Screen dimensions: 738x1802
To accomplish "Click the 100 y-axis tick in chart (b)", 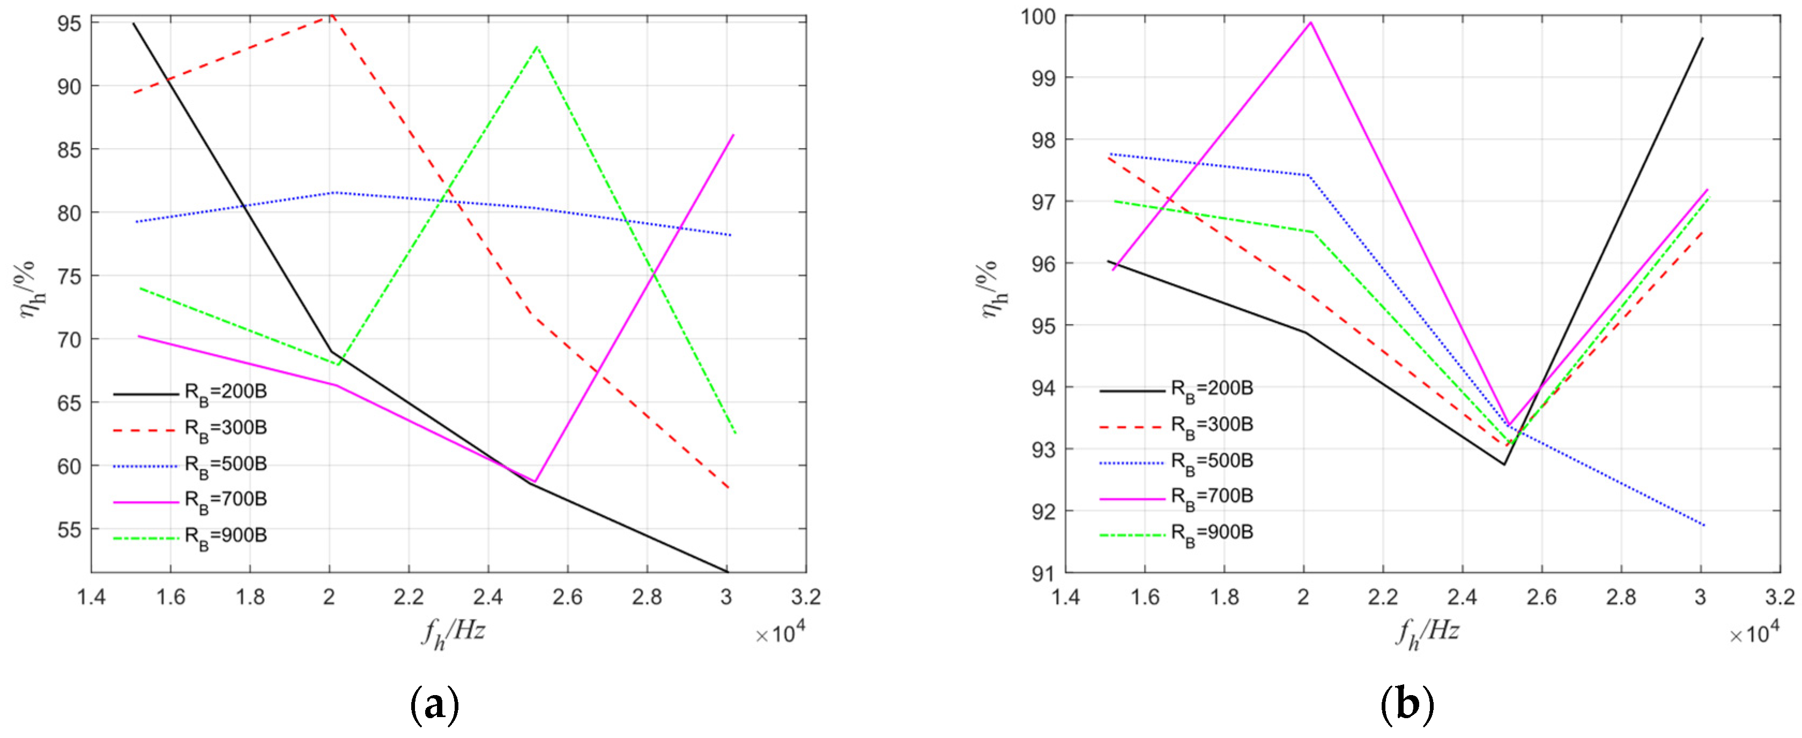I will (x=1038, y=16).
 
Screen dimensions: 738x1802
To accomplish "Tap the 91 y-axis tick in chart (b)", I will (x=1043, y=573).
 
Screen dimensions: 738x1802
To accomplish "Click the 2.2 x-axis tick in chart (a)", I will (x=409, y=597).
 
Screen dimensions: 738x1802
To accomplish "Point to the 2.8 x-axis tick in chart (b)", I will (x=1621, y=597).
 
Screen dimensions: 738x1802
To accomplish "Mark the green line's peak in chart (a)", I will (x=537, y=47).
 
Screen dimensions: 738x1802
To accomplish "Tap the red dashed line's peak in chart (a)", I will (x=331, y=16).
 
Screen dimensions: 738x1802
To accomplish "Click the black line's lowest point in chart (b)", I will (x=1504, y=464).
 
